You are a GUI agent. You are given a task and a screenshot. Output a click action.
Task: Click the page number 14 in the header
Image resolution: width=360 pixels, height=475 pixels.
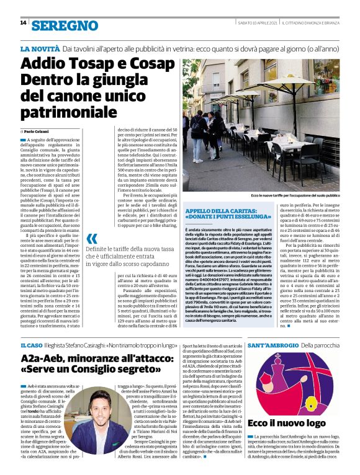point(23,24)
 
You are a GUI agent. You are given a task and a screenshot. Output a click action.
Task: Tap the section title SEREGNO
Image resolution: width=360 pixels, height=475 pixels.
point(65,25)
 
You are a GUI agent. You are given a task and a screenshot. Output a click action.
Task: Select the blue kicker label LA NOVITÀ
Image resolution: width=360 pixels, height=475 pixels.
point(40,48)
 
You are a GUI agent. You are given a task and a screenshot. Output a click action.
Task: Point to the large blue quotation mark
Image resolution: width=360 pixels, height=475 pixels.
point(92,238)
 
